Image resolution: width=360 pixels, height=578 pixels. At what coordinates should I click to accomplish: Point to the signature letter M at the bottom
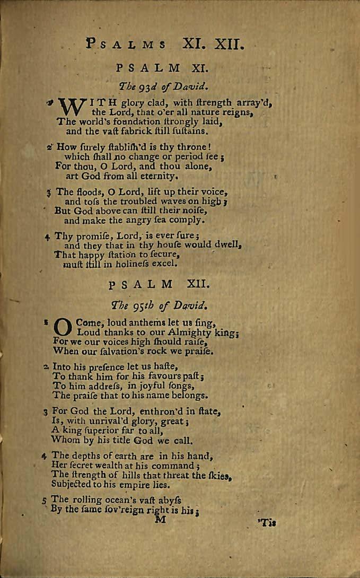coord(159,520)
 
